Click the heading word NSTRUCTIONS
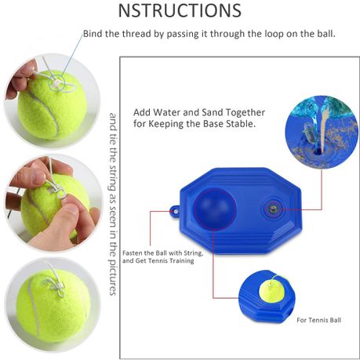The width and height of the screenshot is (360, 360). (x=180, y=10)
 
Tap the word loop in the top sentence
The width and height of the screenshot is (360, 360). (x=274, y=35)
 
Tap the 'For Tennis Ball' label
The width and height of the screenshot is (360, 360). (x=318, y=320)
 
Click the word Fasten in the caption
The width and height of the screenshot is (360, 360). (x=133, y=253)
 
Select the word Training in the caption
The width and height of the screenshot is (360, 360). (x=182, y=260)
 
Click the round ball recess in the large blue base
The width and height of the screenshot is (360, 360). (x=215, y=209)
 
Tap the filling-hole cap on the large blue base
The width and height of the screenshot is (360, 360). (x=273, y=209)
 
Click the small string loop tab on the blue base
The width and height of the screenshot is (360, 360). (x=175, y=211)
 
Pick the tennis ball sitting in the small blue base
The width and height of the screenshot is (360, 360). (x=271, y=290)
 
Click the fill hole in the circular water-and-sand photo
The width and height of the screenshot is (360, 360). (x=318, y=151)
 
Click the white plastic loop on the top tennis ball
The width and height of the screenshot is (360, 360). (x=56, y=84)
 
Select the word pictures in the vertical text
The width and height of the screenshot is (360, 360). (x=112, y=278)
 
